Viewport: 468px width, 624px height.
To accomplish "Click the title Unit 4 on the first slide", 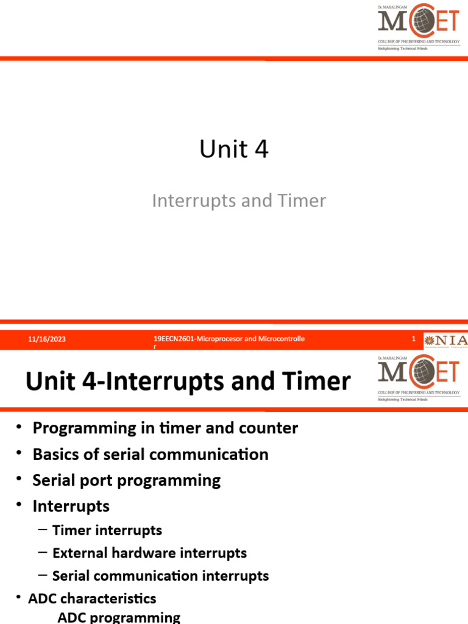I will point(234,149).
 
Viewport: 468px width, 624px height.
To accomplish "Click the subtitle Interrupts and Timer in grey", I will point(239,200).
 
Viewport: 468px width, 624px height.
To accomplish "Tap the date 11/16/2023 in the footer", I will point(47,339).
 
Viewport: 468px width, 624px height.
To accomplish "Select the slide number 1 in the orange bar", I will point(414,339).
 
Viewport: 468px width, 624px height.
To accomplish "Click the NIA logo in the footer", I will point(446,340).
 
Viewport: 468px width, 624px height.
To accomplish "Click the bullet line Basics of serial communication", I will point(150,454).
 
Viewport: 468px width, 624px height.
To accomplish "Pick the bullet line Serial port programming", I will point(126,480).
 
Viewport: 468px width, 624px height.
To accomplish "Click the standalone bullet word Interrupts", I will point(71,506).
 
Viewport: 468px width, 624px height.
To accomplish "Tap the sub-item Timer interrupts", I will point(107,530).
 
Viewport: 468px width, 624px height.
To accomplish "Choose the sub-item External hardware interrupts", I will point(149,553).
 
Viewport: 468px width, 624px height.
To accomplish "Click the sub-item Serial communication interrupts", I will point(160,575).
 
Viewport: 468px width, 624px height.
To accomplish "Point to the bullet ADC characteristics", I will point(92,598).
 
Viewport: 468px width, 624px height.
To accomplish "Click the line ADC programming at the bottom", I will point(119,617).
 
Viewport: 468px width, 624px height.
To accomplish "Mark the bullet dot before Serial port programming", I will point(19,480).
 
